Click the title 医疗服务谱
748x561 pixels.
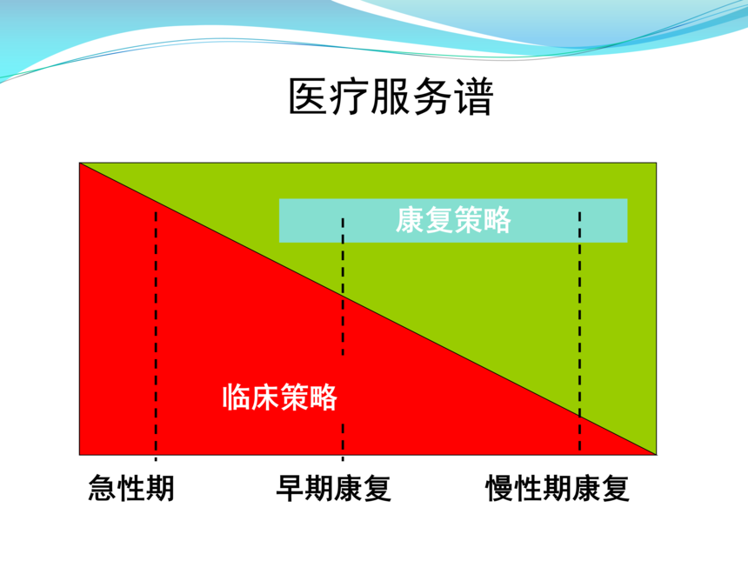391,97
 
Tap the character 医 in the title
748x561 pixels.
308,97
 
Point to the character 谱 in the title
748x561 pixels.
473,97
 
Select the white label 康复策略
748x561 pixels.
453,220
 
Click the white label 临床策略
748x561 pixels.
279,397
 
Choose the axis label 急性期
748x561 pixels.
131,488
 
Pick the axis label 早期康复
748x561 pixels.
334,488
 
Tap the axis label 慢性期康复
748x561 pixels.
558,488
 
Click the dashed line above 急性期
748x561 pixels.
156,336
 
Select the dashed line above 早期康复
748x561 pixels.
343,339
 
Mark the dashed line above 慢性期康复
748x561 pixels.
579,331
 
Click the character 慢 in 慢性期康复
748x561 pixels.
499,488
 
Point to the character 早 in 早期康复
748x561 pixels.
291,488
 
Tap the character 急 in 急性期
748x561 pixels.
103,488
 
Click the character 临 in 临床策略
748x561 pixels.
236,397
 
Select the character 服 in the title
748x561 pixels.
391,97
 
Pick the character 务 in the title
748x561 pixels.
431,97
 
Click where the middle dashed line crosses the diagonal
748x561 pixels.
343,297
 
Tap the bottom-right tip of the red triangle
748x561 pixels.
656,455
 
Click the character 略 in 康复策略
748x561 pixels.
498,220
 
